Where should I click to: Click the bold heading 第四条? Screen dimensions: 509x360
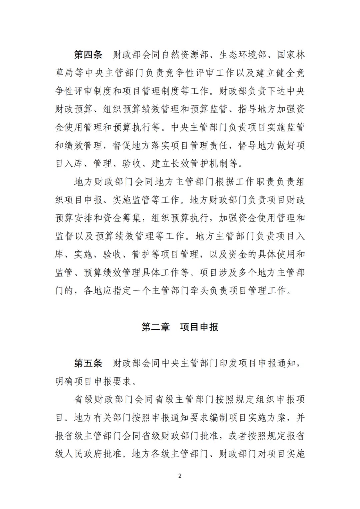[88, 55]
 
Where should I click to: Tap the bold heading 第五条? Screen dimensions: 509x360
[88, 363]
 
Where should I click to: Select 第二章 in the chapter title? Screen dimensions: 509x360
[156, 327]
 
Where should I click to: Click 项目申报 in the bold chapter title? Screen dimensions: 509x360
[199, 327]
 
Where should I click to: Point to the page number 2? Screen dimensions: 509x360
[180, 476]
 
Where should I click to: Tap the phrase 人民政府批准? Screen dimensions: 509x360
[93, 454]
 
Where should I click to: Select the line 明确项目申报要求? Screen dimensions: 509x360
[93, 381]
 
